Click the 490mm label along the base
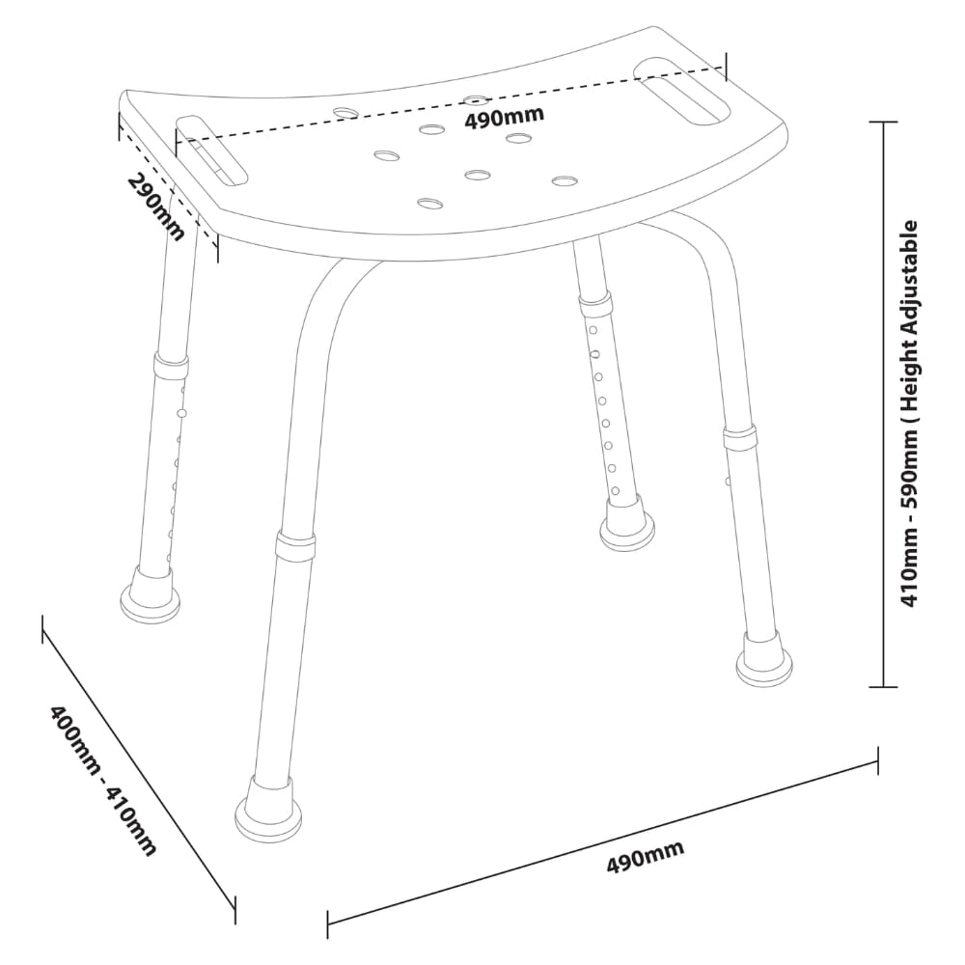click(x=645, y=857)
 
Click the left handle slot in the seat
click(x=212, y=152)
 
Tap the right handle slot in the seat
click(x=683, y=89)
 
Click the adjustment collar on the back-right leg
click(x=594, y=307)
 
